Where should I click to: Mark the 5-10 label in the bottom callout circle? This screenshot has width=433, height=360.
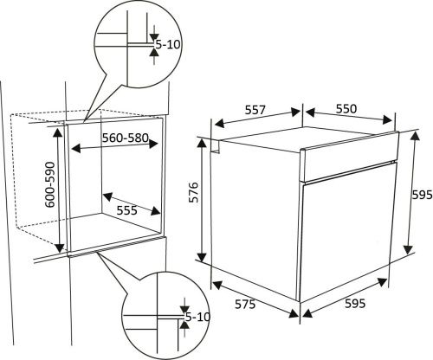[198, 318]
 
